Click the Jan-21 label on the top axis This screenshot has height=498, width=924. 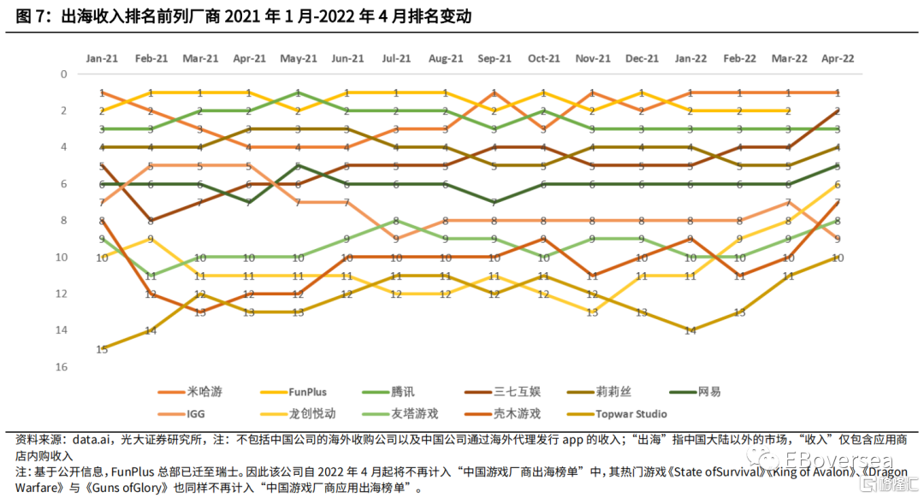click(x=102, y=58)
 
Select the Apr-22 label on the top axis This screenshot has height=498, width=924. click(x=837, y=58)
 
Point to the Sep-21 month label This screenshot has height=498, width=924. click(x=494, y=58)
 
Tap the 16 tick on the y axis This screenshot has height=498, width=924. click(x=62, y=367)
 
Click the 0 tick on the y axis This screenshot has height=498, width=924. click(x=62, y=74)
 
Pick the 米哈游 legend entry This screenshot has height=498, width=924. click(x=198, y=392)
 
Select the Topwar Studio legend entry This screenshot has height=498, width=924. click(x=631, y=413)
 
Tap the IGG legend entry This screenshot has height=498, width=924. click(x=196, y=413)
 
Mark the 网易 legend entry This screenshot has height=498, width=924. click(x=709, y=392)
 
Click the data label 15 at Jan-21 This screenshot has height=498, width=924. click(x=102, y=349)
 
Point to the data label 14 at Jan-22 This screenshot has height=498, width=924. click(x=690, y=330)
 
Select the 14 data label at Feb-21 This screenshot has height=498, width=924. click(x=151, y=330)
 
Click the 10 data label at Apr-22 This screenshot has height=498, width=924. click(x=837, y=258)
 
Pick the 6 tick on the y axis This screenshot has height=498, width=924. click(x=62, y=184)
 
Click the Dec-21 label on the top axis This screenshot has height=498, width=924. click(x=641, y=58)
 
